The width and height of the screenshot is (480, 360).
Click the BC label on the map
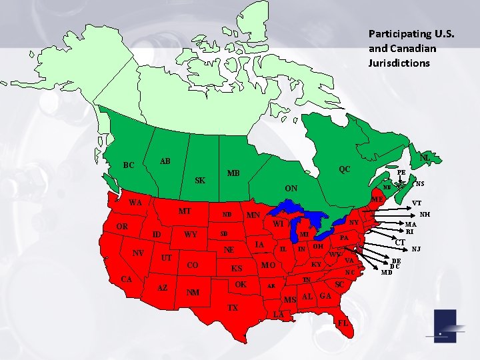[129, 165]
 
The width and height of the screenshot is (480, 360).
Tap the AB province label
[165, 161]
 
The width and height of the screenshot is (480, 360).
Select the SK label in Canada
[200, 181]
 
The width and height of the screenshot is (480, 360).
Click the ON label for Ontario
[291, 189]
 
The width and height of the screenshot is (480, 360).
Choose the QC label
[344, 169]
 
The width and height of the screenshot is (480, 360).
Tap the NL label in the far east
[425, 157]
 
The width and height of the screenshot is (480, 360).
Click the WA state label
[135, 203]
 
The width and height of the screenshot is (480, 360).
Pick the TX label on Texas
[232, 308]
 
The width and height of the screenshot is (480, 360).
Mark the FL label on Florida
[343, 323]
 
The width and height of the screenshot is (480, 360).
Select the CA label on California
[126, 279]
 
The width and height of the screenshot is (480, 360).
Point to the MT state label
[185, 211]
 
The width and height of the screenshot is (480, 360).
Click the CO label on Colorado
[193, 265]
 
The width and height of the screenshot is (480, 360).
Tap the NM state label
[193, 292]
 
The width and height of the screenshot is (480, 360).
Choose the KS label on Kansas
[237, 269]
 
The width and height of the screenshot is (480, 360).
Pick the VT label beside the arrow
[417, 203]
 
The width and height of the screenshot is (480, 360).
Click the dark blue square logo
[445, 327]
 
